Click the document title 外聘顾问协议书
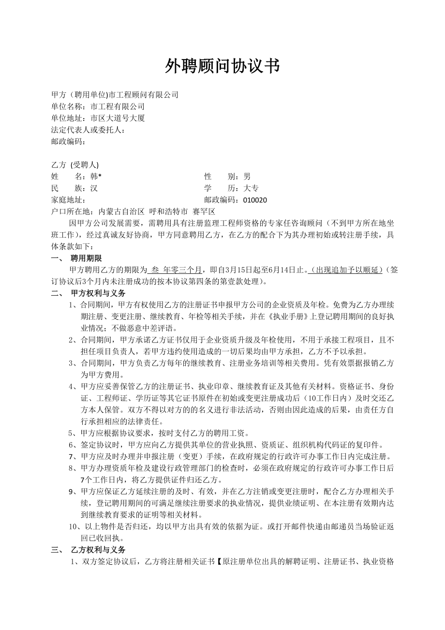[222, 66]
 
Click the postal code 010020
[255, 200]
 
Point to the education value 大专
[251, 188]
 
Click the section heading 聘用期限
[86, 258]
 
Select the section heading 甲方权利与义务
[98, 293]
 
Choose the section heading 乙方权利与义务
[98, 550]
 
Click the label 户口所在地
[73, 211]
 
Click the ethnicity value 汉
[94, 188]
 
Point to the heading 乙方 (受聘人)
[74, 165]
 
